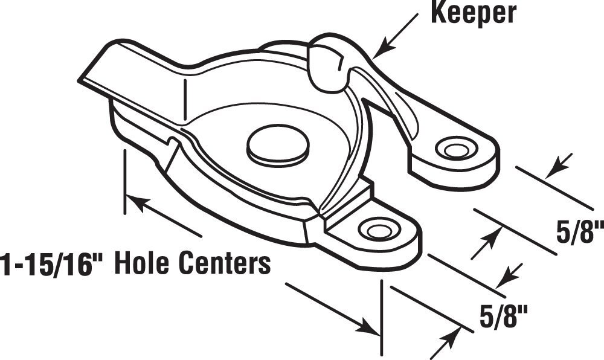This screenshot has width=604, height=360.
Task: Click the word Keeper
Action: coord(474,13)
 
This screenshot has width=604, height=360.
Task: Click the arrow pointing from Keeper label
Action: coord(396,36)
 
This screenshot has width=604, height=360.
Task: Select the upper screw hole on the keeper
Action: coord(455,147)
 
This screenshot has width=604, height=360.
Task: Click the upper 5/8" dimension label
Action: coord(579,231)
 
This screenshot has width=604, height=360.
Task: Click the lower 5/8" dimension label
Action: coord(503,315)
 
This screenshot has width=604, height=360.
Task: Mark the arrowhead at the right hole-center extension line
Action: coord(367,327)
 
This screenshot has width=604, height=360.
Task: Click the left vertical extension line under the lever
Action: coord(124,182)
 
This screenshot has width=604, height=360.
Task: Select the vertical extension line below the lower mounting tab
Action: coord(381,317)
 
